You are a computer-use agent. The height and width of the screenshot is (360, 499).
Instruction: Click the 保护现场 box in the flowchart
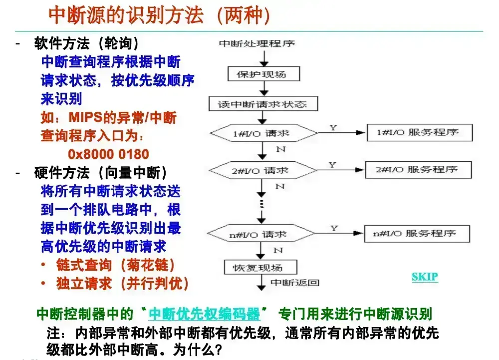[x=264, y=74]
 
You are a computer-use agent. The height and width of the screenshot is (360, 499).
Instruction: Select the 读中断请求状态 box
[x=263, y=104]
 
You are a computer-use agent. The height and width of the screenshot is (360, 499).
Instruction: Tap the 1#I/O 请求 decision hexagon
[x=263, y=133]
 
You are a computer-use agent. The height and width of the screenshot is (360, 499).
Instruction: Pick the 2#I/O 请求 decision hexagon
[x=262, y=170]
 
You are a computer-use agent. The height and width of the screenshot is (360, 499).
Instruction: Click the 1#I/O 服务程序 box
[x=420, y=132]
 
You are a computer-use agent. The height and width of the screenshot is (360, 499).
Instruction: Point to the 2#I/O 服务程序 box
[x=419, y=170]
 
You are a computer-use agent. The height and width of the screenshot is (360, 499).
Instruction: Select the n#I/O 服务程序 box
[x=417, y=234]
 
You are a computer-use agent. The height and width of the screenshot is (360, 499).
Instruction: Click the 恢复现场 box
[x=260, y=267]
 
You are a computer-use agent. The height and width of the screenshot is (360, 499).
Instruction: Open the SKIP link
[x=425, y=277]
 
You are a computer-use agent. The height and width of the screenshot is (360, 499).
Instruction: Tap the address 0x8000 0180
[x=108, y=154]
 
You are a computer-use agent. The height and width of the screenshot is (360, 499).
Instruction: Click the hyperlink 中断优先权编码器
[x=204, y=314]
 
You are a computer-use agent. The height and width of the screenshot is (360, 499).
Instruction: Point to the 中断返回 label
[x=295, y=283]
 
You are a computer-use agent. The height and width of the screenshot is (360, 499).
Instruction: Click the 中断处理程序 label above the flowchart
[x=257, y=43]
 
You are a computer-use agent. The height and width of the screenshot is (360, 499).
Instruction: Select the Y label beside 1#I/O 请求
[x=333, y=128]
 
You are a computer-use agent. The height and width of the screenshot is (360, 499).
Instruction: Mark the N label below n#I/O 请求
[x=278, y=250]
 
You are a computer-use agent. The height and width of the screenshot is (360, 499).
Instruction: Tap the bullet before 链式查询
[x=43, y=264]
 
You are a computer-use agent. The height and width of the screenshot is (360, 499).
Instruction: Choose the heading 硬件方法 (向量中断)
[x=101, y=173]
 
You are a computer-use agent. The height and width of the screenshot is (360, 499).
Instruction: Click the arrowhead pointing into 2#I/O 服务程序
[x=360, y=170]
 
